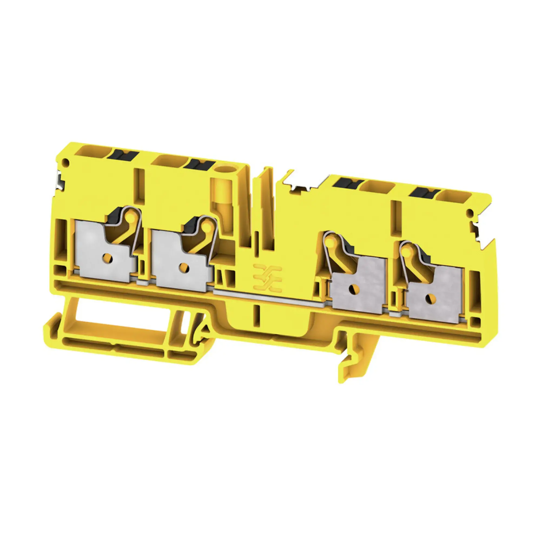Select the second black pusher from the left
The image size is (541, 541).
pyautogui.click(x=199, y=164)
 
